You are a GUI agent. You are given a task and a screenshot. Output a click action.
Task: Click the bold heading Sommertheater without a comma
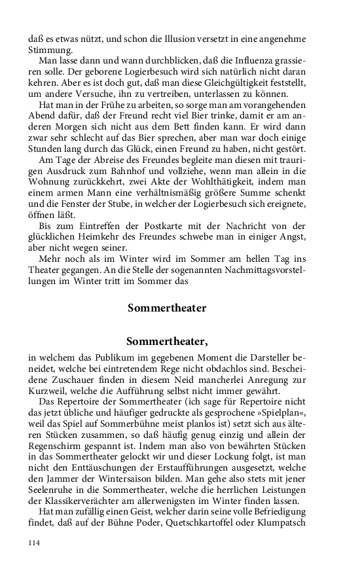click(167, 307)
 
